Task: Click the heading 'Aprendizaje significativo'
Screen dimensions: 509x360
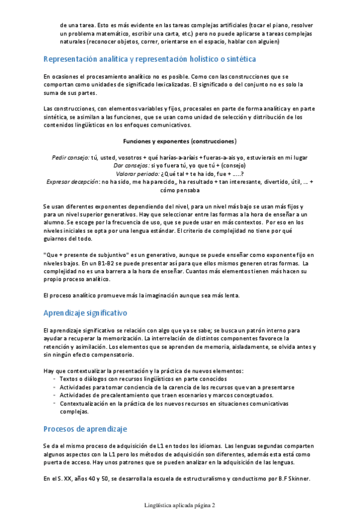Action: pyautogui.click(x=85, y=313)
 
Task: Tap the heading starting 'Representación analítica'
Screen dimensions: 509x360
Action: pyautogui.click(x=150, y=59)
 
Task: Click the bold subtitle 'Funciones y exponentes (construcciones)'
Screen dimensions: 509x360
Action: pyautogui.click(x=179, y=142)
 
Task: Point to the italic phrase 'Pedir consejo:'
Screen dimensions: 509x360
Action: pyautogui.click(x=71, y=157)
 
